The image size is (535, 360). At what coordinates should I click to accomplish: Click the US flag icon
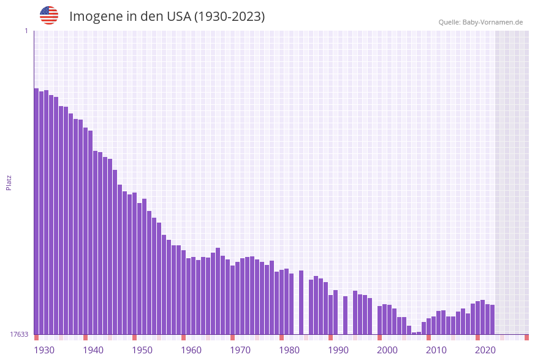tap(49, 15)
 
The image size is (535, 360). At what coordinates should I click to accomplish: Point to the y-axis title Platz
tap(9, 182)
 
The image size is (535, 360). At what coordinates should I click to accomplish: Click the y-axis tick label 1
tap(26, 31)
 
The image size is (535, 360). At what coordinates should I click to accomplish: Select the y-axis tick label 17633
tap(18, 334)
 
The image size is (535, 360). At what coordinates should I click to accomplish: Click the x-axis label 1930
tap(44, 350)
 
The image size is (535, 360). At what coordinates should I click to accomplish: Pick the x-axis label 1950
tap(142, 350)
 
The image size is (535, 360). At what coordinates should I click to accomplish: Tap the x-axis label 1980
tap(289, 350)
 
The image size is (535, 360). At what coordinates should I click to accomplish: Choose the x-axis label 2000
tap(387, 350)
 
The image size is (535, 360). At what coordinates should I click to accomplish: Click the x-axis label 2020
tap(485, 350)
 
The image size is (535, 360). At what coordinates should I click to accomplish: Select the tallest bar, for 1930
tap(37, 212)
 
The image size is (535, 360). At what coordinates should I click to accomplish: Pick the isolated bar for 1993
tap(346, 315)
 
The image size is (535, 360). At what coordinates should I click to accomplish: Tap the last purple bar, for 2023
tap(492, 320)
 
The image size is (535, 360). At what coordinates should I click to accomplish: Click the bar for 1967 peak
tap(218, 291)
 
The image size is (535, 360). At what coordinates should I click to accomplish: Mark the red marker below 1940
tap(86, 337)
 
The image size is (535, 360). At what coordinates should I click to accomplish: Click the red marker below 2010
tap(429, 337)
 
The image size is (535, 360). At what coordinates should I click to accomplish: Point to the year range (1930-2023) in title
tap(229, 17)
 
